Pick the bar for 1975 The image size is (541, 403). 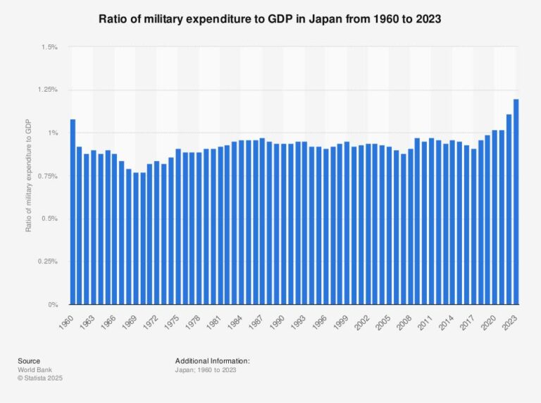[x=178, y=227]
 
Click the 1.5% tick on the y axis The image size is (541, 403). [x=49, y=47]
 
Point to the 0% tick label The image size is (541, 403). [x=52, y=305]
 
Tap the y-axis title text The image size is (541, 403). [x=29, y=176]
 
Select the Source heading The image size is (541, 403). [x=29, y=361]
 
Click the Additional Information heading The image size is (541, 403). [x=213, y=361]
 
